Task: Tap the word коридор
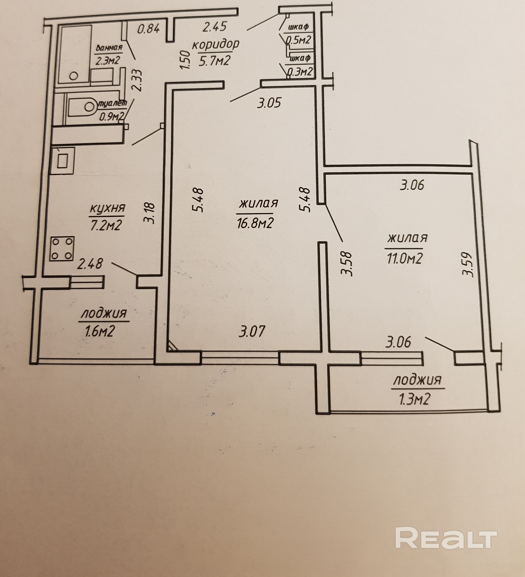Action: (216, 45)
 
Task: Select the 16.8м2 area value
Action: (254, 223)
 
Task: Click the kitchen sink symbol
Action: (62, 161)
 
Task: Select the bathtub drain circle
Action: (74, 76)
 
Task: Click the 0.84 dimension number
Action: (148, 29)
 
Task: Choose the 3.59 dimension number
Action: (467, 264)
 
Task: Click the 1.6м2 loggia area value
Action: (100, 331)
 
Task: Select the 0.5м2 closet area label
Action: (300, 40)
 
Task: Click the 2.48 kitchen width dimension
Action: (90, 264)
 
